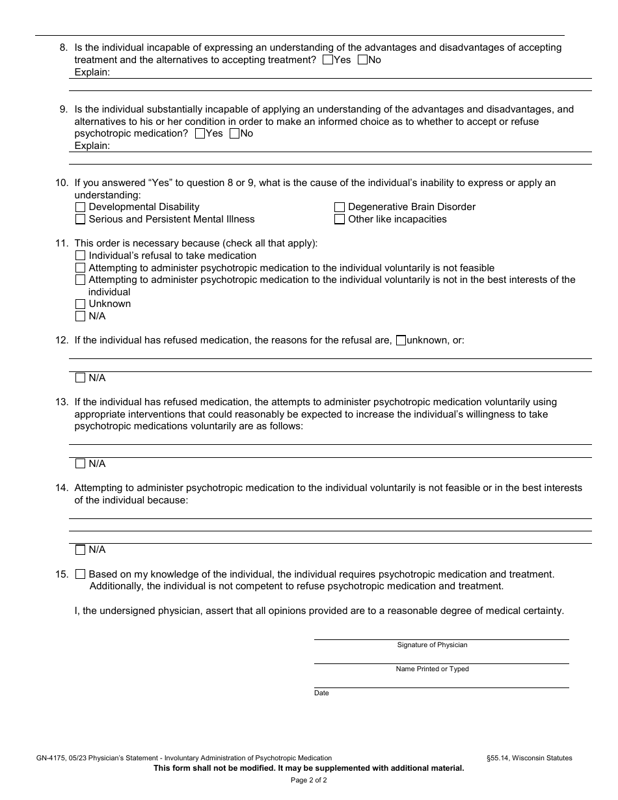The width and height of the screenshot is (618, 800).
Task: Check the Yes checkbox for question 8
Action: click(x=328, y=60)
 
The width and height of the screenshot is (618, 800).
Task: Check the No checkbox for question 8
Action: click(x=363, y=60)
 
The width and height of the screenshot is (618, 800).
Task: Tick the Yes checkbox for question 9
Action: click(x=200, y=133)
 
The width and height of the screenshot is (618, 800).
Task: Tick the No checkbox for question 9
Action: click(x=234, y=133)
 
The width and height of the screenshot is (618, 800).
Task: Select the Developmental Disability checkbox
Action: click(x=81, y=207)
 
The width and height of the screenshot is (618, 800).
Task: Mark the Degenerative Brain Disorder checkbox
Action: click(x=340, y=207)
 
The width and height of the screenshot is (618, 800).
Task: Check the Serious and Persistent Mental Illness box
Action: click(x=81, y=219)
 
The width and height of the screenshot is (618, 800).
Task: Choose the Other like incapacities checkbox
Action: click(x=340, y=219)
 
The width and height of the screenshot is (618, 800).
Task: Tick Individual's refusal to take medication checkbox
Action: click(x=81, y=256)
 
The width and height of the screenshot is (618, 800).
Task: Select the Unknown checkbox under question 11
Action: click(x=81, y=304)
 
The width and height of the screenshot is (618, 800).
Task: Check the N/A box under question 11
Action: click(x=81, y=316)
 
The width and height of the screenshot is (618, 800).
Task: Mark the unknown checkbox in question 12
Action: click(x=401, y=340)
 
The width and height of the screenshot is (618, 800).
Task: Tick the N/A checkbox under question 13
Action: click(x=81, y=464)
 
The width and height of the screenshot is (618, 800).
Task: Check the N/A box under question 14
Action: click(x=81, y=550)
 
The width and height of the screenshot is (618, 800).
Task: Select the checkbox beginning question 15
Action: click(x=81, y=574)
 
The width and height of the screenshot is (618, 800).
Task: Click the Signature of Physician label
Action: click(x=432, y=645)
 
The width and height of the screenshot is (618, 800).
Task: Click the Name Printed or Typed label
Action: click(x=432, y=669)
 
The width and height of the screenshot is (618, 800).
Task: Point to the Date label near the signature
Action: click(x=321, y=693)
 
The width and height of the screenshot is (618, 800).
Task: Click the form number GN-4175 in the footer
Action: click(x=51, y=758)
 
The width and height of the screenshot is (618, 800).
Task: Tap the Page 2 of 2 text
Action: click(x=308, y=780)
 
